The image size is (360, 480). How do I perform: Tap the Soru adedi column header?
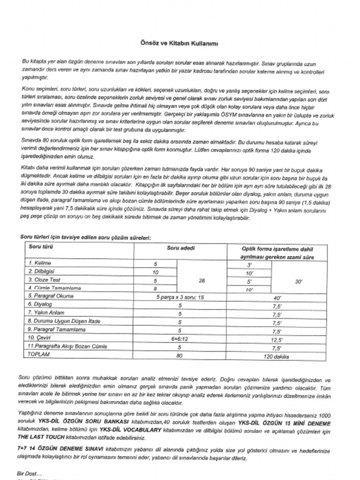180,247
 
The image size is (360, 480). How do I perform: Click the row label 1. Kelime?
40,263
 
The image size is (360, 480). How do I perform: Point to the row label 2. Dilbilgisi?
42,271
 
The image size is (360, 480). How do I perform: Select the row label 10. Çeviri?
39,338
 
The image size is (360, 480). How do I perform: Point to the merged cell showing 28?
202,280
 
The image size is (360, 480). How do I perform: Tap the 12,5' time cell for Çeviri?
276,338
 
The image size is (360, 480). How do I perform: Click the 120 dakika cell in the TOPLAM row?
276,356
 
